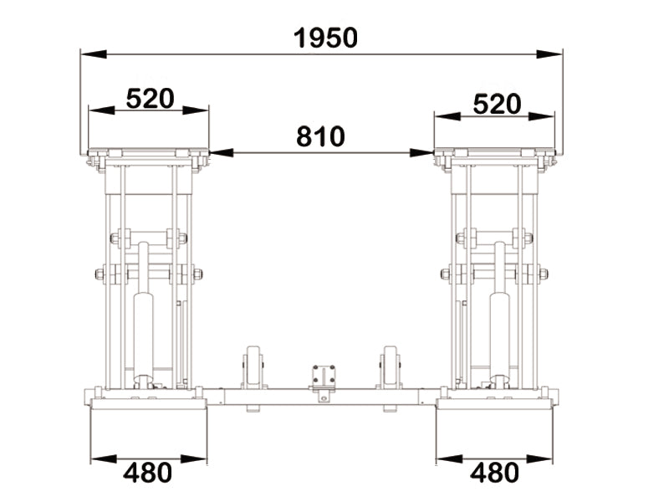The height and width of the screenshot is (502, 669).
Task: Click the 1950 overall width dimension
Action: point(325,38)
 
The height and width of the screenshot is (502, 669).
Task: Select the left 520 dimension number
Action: point(151,99)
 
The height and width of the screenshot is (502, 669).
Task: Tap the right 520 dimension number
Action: point(497,104)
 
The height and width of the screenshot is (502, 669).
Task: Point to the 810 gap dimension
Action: point(320,136)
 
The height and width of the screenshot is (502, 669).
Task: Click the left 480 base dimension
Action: point(148,473)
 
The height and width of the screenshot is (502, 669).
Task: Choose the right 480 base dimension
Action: point(494,473)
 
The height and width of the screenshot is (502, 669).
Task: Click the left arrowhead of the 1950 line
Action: point(94,54)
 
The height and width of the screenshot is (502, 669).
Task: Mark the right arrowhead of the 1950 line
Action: point(549,54)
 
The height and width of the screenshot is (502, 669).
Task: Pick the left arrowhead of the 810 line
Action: point(222,153)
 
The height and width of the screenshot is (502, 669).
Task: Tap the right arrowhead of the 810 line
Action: point(421,153)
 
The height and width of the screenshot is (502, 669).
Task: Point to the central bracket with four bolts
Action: point(324,375)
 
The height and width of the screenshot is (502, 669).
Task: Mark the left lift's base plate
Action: point(149,404)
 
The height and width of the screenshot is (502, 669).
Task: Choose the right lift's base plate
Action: point(494,404)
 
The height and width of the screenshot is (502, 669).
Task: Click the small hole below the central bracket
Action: point(324,399)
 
